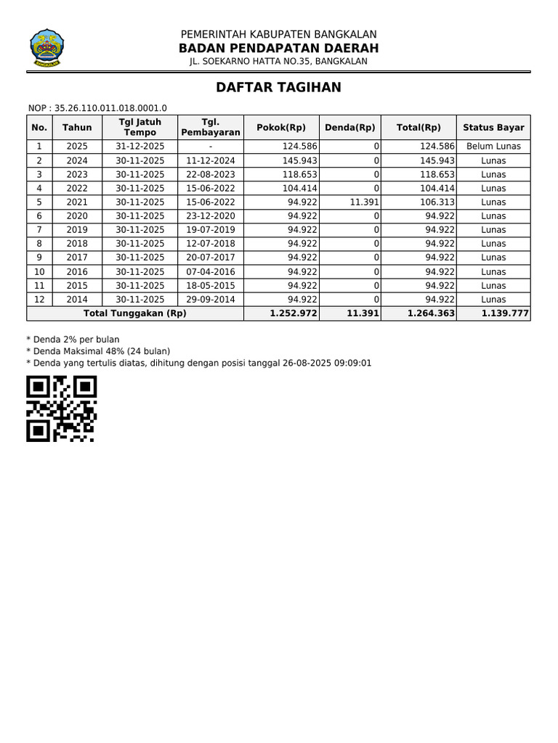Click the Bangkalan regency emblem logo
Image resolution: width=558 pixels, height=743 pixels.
coord(46,48)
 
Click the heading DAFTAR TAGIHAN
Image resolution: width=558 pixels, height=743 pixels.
coord(278,88)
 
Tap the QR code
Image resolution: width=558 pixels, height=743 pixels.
coord(62,409)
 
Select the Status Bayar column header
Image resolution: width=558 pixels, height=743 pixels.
coord(493,128)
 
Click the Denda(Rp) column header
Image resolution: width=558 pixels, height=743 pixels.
coord(349,128)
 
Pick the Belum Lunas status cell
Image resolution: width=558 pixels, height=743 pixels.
coord(493,147)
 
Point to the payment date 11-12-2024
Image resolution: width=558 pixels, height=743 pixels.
coord(211,160)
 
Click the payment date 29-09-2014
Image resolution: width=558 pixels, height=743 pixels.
coord(211,300)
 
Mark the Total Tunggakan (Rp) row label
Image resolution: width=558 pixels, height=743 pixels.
coord(135,313)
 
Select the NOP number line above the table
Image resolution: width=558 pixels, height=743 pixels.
coord(97,108)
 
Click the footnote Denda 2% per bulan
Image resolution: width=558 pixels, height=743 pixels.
coord(73,340)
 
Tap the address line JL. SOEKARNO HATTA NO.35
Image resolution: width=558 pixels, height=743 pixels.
coord(278,62)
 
